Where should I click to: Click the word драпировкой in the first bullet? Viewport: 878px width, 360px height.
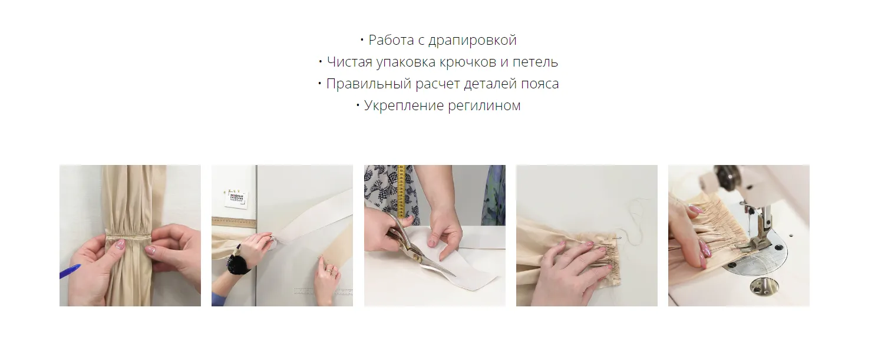point(473,40)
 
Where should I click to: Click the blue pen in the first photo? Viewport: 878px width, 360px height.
point(70,271)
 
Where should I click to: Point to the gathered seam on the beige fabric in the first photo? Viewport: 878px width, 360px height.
point(128,236)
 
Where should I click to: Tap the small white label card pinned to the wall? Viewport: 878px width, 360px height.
point(236,199)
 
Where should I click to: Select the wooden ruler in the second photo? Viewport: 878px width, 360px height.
point(234,223)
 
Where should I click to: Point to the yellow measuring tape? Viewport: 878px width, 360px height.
point(401,191)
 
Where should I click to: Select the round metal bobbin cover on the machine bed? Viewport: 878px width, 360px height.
point(764,286)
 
